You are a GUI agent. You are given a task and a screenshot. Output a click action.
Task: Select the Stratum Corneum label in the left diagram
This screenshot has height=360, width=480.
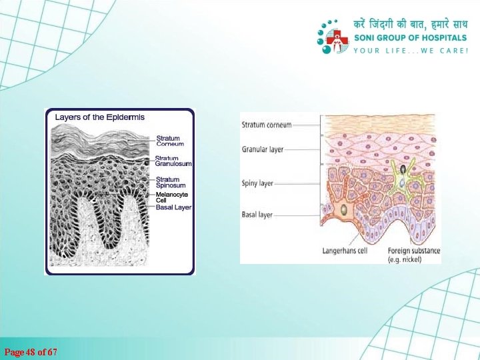pyautogui.click(x=170, y=141)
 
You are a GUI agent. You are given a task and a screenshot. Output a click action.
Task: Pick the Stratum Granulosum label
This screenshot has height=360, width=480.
pyautogui.click(x=173, y=161)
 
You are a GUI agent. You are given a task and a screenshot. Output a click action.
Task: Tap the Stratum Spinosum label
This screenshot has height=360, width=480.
pyautogui.click(x=170, y=182)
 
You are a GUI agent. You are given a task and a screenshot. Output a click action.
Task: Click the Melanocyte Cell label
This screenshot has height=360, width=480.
pyautogui.click(x=172, y=197)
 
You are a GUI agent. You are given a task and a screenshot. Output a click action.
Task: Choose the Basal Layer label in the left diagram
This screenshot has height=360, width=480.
pyautogui.click(x=173, y=207)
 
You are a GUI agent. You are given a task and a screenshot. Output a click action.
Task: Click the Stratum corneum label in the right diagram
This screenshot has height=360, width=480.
pyautogui.click(x=267, y=124)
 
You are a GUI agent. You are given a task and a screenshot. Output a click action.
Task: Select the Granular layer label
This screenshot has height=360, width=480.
pyautogui.click(x=263, y=150)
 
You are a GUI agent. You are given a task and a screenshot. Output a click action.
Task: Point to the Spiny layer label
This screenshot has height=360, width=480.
pyautogui.click(x=257, y=183)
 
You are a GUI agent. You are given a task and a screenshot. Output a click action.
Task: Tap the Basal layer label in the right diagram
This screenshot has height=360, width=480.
pyautogui.click(x=257, y=215)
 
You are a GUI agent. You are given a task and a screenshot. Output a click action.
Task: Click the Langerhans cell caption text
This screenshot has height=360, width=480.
pyautogui.click(x=345, y=251)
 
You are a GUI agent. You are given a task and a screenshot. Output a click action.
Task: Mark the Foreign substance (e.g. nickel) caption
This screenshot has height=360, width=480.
pyautogui.click(x=413, y=255)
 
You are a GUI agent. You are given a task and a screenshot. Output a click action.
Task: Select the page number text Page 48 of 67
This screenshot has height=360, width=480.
pyautogui.click(x=31, y=351)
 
